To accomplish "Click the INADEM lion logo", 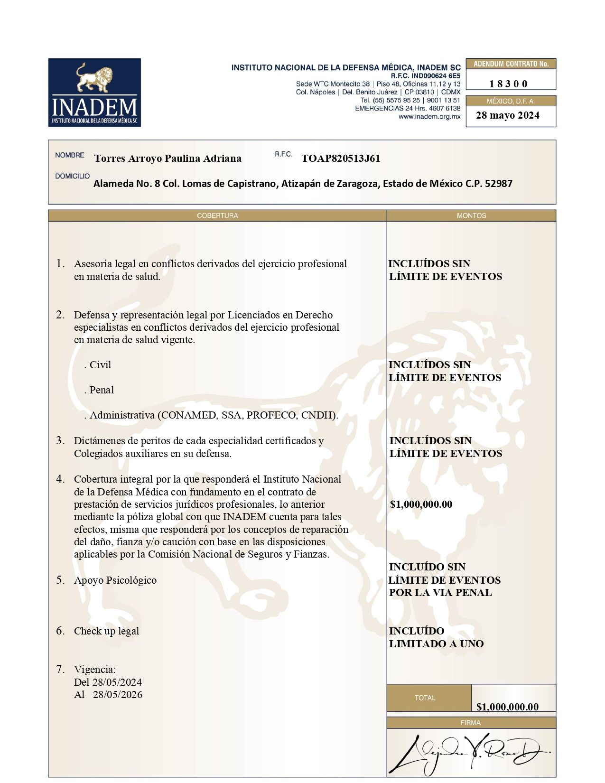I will [94, 93].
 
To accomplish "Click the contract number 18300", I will [508, 84].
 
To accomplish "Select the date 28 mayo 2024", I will [507, 115].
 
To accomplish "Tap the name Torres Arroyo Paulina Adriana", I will [168, 158].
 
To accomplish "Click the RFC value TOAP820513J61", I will [341, 158].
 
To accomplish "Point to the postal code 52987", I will [498, 184].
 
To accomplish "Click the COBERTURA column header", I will [217, 216].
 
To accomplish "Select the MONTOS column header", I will [471, 216].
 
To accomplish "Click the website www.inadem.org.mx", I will [429, 117].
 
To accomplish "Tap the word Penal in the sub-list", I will [102, 390].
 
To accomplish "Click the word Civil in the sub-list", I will [100, 365].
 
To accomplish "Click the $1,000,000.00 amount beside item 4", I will [421, 504].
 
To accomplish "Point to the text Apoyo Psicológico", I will [115, 580].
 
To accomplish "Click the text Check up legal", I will [107, 631].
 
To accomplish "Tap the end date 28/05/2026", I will [118, 695].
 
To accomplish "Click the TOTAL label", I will [425, 698].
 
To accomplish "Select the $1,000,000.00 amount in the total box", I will [507, 707].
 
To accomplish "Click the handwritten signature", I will [467, 753].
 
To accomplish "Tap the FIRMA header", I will [471, 723].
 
